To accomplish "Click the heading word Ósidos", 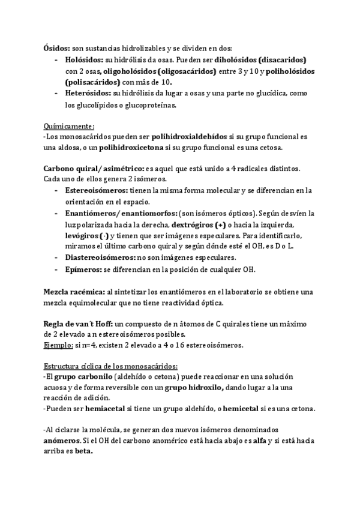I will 56,49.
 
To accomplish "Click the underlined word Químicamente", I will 69,126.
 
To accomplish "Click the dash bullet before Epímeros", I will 56,268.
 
